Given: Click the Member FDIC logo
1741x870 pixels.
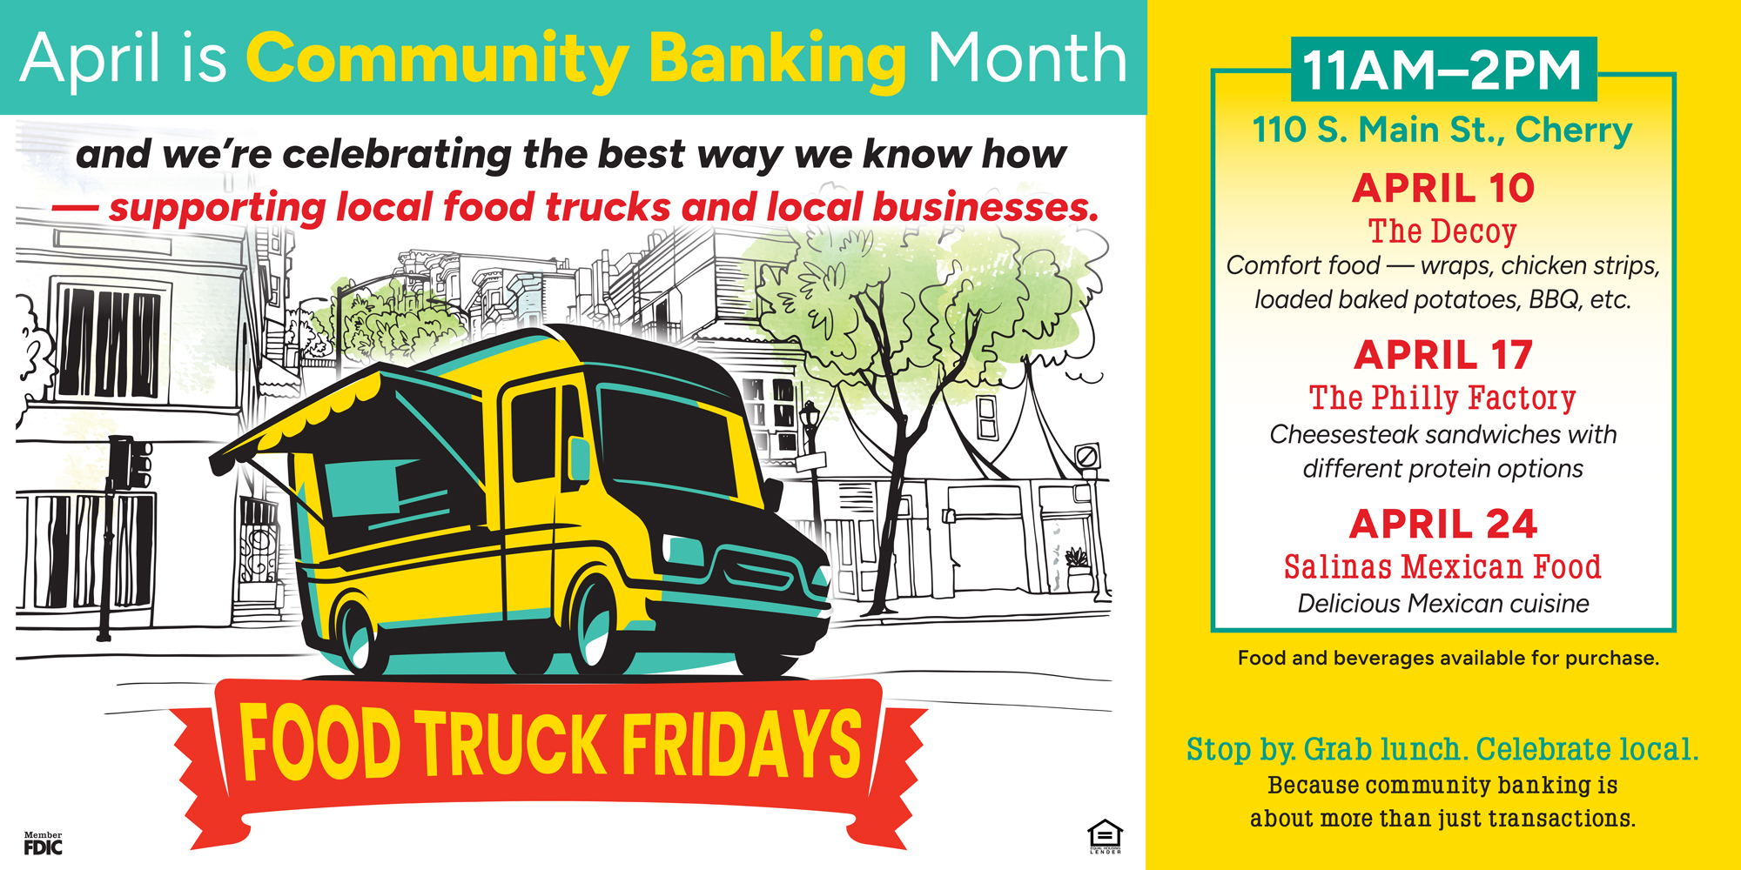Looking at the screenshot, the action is (43, 843).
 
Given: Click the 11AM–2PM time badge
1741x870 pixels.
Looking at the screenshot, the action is (1443, 70).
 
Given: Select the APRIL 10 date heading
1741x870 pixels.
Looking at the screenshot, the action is (1443, 188).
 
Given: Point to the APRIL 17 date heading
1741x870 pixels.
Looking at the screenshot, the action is (1443, 355).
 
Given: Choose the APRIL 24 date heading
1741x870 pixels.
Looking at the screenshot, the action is (1443, 524).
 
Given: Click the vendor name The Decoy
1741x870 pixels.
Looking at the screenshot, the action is (1442, 231).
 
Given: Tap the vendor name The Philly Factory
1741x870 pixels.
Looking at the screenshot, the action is (1442, 398).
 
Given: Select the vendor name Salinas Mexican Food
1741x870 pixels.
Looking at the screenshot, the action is (1442, 567).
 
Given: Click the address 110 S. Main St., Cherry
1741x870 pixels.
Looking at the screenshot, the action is (1442, 130).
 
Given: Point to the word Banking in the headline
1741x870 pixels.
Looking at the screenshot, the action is (778, 61).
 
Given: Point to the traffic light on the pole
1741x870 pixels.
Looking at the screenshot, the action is (130, 462).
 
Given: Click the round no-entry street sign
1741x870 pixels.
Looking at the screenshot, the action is (1087, 456).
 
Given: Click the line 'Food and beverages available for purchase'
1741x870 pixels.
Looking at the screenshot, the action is (1449, 659).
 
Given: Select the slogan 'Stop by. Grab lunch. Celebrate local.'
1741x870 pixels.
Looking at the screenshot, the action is (1442, 749).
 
